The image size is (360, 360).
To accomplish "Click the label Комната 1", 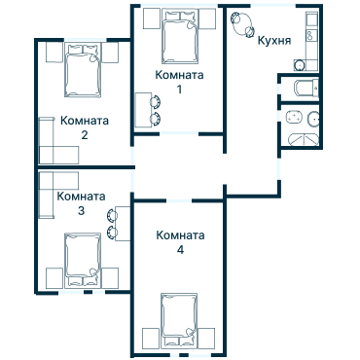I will point(179,82).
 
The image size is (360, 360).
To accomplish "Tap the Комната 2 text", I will point(84,127).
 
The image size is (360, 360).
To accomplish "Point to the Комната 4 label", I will point(180,242).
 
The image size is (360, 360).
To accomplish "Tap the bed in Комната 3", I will point(83,258).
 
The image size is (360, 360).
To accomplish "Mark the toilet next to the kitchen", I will point(302,90).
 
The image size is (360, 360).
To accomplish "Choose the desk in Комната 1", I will point(142,109).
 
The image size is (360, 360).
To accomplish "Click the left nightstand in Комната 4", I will point(148,338).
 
